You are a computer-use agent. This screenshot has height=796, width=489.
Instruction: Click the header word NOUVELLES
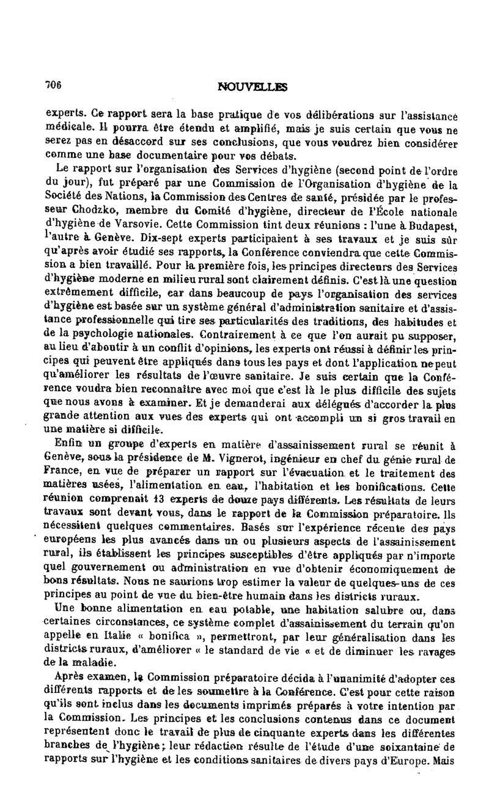click(252, 87)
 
